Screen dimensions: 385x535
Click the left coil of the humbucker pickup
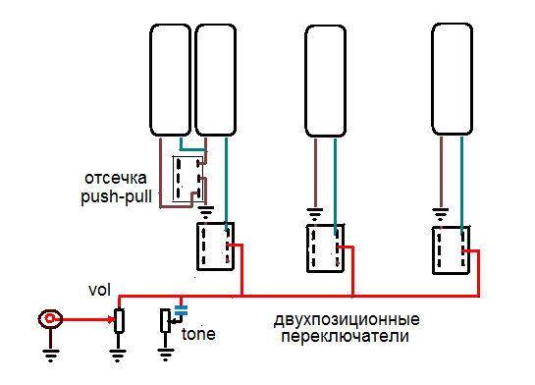170,82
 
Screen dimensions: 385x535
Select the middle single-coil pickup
328,82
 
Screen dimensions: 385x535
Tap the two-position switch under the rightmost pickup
451,250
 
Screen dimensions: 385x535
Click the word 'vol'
99,292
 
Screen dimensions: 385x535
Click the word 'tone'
198,334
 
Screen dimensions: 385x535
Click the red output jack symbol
50,319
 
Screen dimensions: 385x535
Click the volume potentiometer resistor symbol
119,321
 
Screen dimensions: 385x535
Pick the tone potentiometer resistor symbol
165,321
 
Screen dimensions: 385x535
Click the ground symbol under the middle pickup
314,210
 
